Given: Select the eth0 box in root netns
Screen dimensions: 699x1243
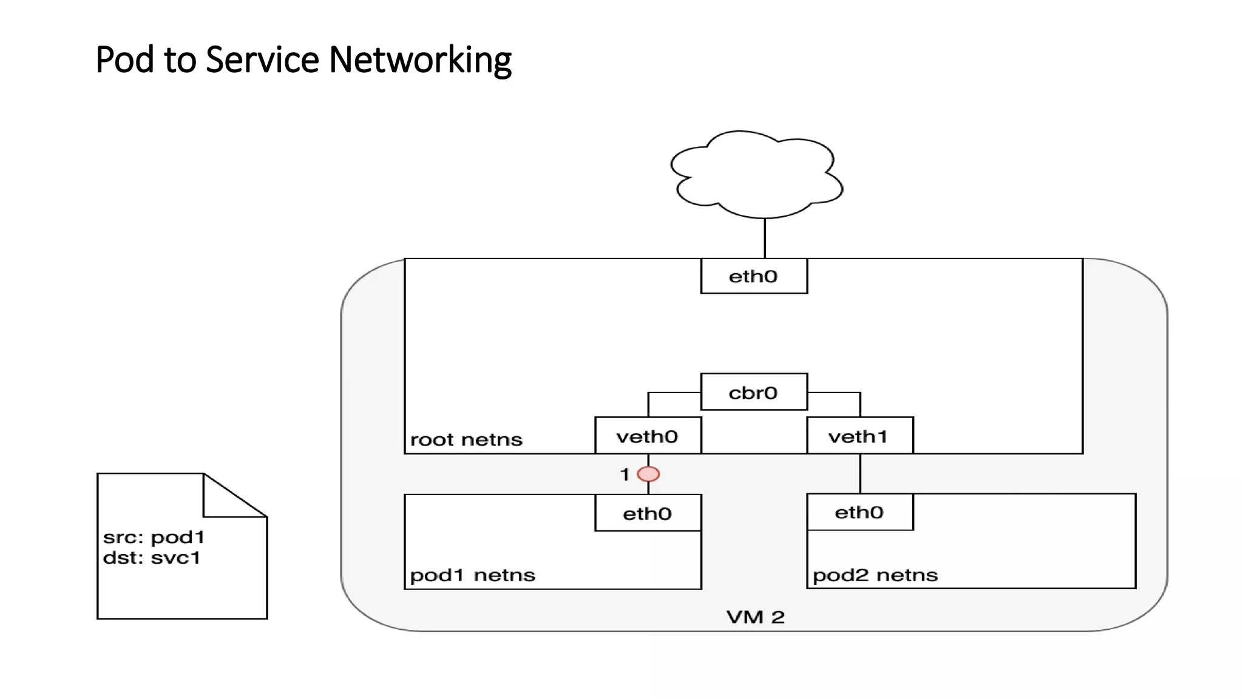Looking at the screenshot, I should [x=754, y=277].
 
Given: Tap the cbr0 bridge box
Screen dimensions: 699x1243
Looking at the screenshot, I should [x=754, y=393].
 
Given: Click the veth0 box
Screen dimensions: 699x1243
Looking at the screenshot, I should [x=648, y=436].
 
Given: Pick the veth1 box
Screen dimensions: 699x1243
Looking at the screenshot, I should [x=859, y=436].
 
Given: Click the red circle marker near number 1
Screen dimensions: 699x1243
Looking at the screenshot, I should [x=648, y=474].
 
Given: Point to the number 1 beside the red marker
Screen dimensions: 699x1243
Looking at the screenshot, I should [x=625, y=474].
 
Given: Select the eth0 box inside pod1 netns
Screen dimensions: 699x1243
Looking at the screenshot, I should [x=648, y=513].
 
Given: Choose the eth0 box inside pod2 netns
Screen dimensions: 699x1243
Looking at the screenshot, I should [x=859, y=512].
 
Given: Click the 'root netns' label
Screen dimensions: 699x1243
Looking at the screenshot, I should [x=466, y=439].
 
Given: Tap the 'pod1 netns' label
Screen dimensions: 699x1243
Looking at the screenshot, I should [x=472, y=575].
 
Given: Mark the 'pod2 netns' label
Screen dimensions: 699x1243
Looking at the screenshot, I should [x=875, y=575].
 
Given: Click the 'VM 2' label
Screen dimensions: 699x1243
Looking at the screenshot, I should [x=756, y=617].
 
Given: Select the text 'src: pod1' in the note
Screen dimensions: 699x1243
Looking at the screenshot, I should [x=154, y=537].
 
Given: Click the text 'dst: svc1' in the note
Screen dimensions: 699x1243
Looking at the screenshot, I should [x=151, y=558].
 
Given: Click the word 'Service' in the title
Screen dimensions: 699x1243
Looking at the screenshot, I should [x=262, y=60].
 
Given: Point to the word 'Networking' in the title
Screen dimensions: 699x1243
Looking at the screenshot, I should [x=420, y=60].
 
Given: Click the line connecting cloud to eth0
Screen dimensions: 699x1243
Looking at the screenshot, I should [x=765, y=238].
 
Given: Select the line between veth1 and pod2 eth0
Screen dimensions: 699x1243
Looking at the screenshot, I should [x=860, y=473].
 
